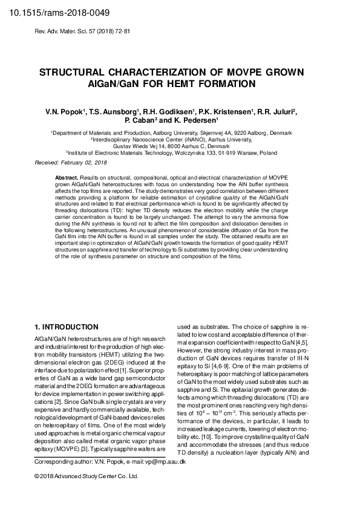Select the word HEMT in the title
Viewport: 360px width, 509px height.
click(208, 84)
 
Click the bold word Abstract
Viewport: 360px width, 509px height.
click(67, 176)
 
